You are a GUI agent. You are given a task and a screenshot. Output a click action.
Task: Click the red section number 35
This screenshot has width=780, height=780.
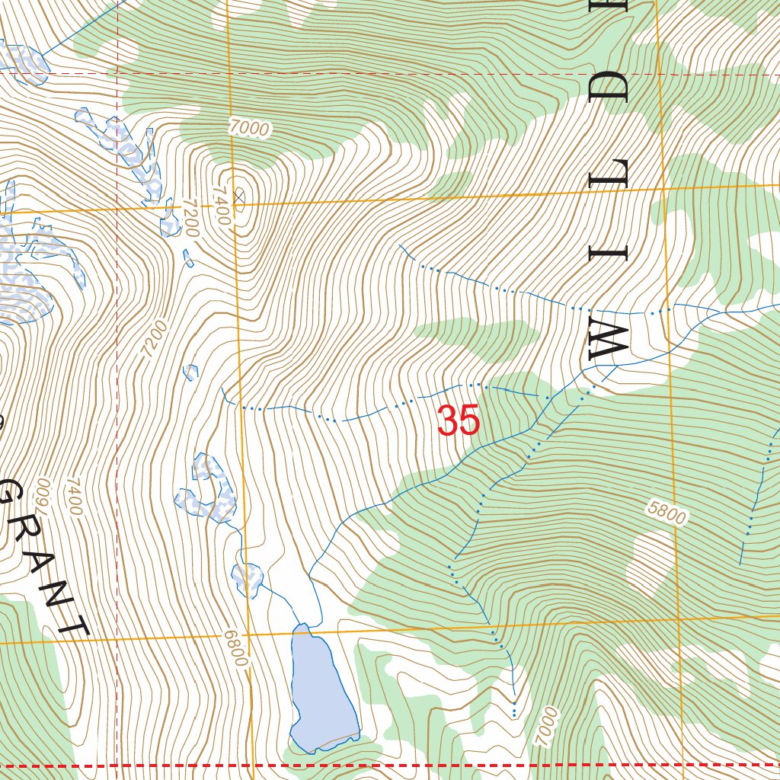459,420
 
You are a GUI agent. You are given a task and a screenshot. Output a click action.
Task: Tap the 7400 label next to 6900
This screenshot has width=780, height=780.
74,496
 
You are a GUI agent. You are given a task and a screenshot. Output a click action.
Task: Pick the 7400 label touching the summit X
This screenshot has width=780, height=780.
222,206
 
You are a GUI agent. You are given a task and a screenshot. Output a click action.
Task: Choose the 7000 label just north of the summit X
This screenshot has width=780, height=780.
249,129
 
